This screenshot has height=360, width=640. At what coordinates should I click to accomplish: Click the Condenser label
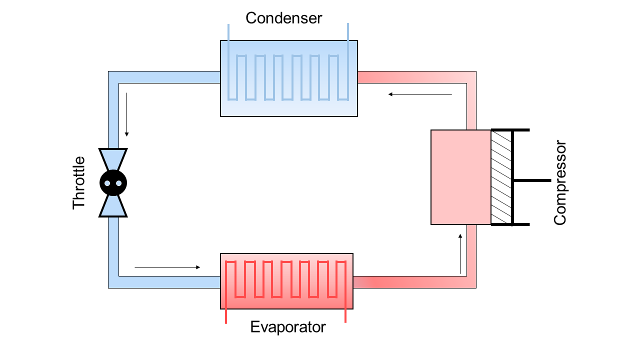283,18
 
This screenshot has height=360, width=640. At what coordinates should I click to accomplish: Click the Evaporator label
287,327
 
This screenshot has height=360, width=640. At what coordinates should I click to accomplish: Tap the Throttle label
79,182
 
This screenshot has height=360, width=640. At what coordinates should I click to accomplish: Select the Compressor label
560,182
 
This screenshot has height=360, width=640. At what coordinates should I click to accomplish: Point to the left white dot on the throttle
107,183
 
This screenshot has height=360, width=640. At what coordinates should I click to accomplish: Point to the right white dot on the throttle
119,183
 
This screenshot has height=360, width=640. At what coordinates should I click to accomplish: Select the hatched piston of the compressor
501,177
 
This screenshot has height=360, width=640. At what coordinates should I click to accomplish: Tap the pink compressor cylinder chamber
460,177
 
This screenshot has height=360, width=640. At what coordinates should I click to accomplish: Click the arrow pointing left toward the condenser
420,93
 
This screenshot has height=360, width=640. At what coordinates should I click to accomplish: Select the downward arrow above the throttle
127,114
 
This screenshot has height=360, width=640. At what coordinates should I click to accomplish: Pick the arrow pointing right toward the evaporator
167,267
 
